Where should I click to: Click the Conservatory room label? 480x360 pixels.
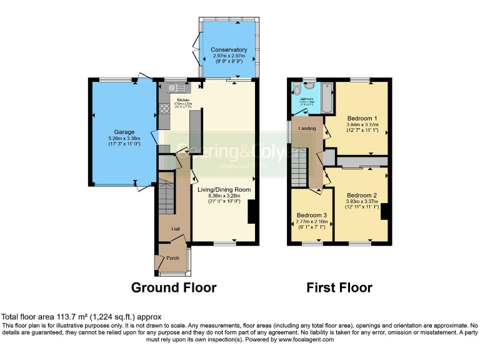point(229,50)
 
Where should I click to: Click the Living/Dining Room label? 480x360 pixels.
point(224,189)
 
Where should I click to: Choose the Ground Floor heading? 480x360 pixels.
point(174,287)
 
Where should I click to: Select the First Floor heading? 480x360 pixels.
point(339,287)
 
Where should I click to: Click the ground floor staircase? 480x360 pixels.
point(166,199)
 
